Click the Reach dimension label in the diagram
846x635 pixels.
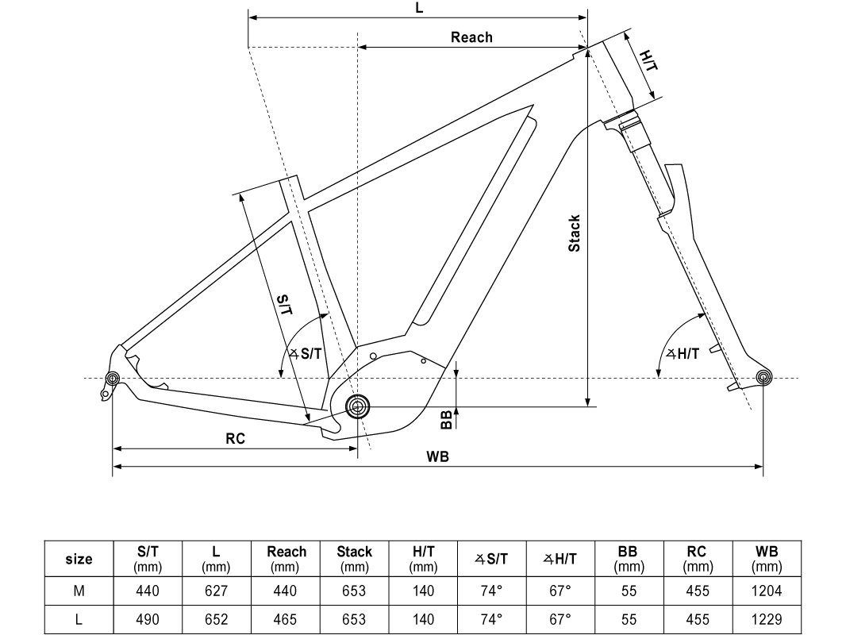(x=471, y=37)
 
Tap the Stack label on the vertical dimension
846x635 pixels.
(x=575, y=233)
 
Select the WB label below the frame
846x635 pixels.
(x=437, y=457)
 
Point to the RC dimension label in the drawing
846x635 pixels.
(x=235, y=438)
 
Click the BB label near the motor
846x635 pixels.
(x=447, y=418)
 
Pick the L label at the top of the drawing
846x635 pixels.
(x=419, y=8)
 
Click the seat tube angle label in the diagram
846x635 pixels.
(x=306, y=354)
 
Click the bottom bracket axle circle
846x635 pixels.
(x=357, y=407)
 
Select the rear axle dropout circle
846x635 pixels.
(x=112, y=379)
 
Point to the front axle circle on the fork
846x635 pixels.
(x=763, y=378)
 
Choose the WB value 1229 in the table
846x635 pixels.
(x=767, y=620)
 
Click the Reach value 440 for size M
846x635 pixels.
(x=285, y=591)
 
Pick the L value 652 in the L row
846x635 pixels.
(x=216, y=620)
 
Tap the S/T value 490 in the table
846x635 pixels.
(x=148, y=620)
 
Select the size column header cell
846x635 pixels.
(x=79, y=559)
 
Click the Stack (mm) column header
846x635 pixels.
(x=354, y=559)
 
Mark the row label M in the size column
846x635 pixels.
(x=79, y=591)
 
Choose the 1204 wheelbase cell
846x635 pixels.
(x=767, y=591)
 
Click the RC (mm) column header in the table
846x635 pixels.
(x=697, y=559)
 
